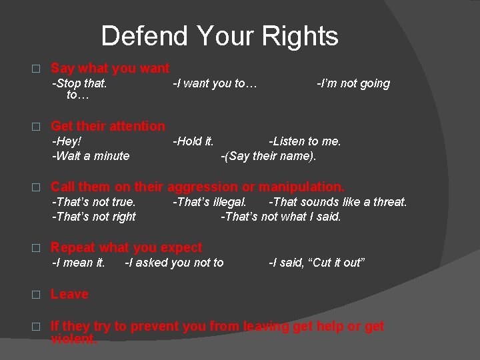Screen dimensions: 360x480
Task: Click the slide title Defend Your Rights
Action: [219, 36]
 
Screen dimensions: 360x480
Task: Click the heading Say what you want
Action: [110, 68]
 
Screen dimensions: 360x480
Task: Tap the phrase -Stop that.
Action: [79, 83]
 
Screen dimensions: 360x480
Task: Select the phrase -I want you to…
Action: [215, 83]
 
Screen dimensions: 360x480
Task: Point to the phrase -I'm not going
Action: [353, 83]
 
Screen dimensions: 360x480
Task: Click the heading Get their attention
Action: [108, 126]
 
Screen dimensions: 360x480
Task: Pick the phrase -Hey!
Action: [67, 141]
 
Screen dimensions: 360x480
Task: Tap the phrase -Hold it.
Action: [193, 141]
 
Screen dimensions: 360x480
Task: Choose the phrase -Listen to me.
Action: [305, 141]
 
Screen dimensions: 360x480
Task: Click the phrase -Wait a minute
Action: [91, 156]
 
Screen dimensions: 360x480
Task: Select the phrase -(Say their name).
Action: [269, 156]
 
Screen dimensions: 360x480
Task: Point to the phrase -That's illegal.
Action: [210, 202]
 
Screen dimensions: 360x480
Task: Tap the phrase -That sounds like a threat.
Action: [337, 202]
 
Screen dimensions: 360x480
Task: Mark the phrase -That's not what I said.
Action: [281, 217]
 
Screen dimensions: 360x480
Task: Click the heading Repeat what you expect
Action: [126, 248]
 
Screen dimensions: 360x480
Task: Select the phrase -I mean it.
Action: [79, 263]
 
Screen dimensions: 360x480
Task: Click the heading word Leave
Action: [69, 294]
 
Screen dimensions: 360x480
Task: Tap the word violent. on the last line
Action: [74, 339]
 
